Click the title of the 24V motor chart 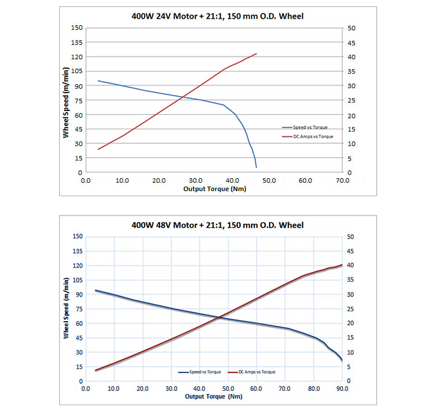(217, 16)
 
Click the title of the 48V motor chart (217, 225)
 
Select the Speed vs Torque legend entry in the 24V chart (310, 127)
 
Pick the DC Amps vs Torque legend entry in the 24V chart (313, 136)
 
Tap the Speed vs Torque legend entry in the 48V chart (205, 372)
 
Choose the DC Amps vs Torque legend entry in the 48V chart (257, 372)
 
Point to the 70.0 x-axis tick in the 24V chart (342, 181)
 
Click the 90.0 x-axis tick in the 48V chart (342, 389)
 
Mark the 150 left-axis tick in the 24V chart (77, 28)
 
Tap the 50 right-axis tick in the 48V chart (350, 237)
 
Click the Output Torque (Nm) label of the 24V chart (215, 189)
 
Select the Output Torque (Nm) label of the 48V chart (214, 397)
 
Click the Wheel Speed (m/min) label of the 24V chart (66, 102)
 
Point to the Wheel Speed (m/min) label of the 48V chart (66, 308)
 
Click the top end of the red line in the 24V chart (256, 54)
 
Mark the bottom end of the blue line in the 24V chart (256, 167)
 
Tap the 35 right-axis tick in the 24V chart (351, 71)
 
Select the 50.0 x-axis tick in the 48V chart (228, 389)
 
